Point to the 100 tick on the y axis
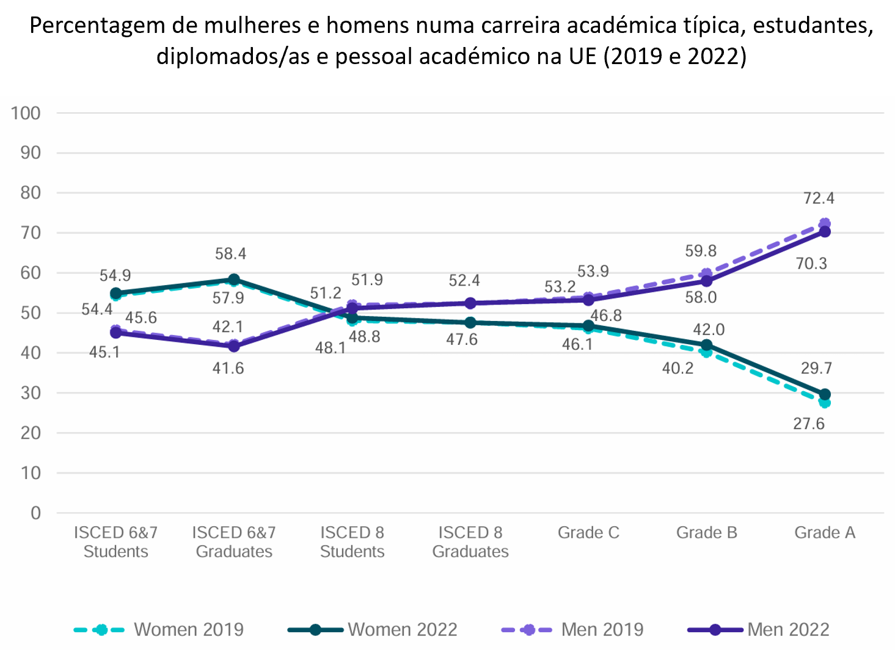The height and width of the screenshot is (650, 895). tap(26, 113)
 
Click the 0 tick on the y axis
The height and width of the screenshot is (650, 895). tap(35, 513)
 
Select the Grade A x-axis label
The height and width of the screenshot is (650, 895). tap(824, 533)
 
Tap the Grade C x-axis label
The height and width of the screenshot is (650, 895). tap(588, 533)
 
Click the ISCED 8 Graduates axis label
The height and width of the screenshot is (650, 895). tap(470, 542)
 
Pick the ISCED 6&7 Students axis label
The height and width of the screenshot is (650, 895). tap(115, 542)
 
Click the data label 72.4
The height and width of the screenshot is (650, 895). tap(819, 198)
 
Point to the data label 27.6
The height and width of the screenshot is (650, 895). tap(809, 424)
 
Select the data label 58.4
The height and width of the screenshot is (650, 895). tap(230, 254)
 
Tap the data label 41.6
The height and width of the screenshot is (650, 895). tap(228, 368)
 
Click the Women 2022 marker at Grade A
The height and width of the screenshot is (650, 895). tap(825, 394)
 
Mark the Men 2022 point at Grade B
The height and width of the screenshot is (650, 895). tap(706, 281)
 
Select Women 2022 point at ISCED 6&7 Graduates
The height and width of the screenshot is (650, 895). tap(233, 280)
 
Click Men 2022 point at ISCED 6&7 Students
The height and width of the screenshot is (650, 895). tap(115, 333)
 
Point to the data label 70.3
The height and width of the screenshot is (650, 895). tap(811, 264)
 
